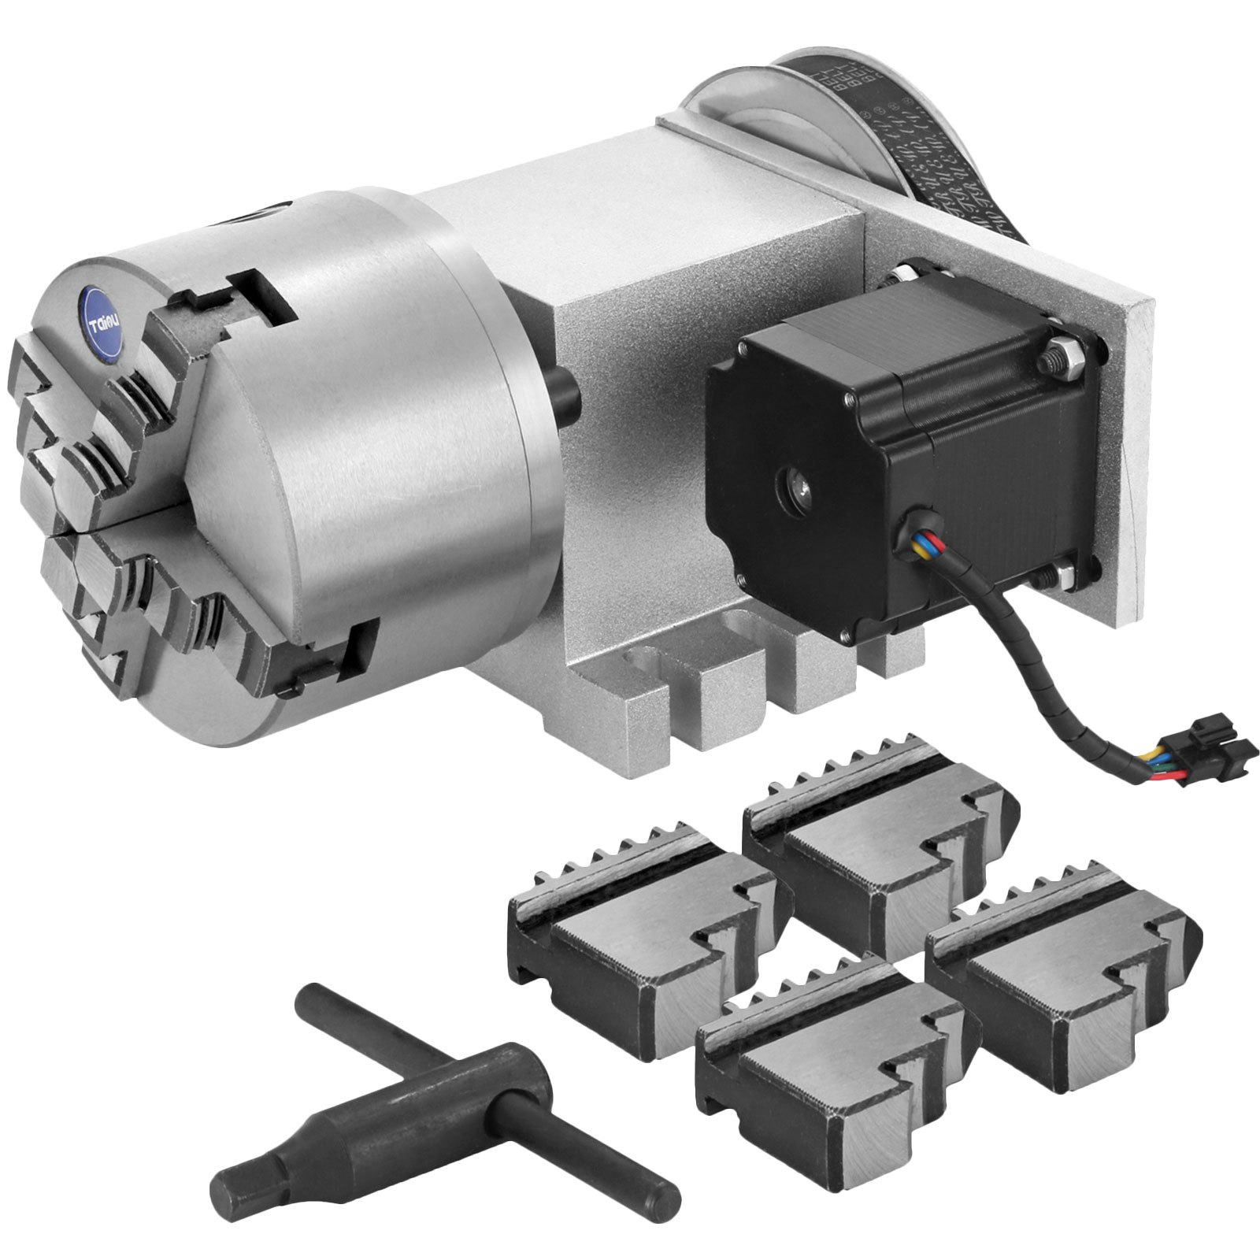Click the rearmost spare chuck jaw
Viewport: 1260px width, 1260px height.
point(874,858)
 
